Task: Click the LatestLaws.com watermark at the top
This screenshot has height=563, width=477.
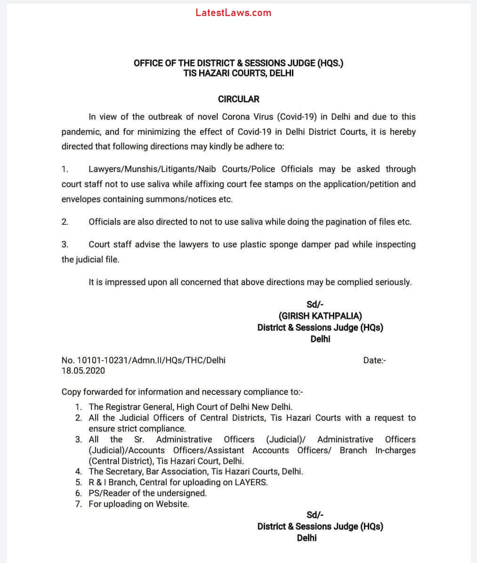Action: pos(234,13)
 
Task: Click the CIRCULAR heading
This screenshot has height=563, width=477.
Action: pos(238,99)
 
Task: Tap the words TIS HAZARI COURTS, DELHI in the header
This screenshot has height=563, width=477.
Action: pos(238,73)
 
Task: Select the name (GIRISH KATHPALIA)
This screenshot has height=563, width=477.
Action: pos(320,316)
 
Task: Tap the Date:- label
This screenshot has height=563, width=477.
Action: pos(375,360)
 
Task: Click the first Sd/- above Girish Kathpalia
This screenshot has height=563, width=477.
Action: pos(315,305)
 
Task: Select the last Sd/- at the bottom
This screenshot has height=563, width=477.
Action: pos(315,515)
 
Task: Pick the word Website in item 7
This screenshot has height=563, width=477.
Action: pos(172,504)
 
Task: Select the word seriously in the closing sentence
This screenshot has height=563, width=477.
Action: pos(393,282)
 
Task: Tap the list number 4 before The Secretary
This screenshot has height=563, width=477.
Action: pos(78,472)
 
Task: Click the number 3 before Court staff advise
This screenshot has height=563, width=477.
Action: pos(65,245)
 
